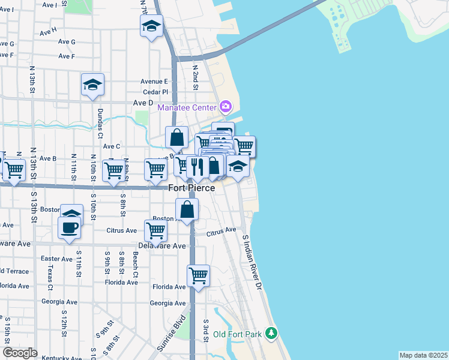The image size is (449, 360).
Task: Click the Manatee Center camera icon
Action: point(226,107)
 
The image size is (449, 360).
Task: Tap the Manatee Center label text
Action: point(186,107)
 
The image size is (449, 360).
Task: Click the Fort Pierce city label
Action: point(191,188)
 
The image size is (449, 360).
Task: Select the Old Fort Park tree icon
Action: point(271,332)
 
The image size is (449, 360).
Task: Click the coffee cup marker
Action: point(69,228)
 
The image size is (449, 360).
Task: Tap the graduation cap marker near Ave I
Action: point(152,26)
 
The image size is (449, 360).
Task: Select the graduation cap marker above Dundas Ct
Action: point(93,85)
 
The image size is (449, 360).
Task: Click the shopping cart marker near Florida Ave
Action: point(198,276)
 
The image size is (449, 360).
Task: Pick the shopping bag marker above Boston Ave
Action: point(187,210)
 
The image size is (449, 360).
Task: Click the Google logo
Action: point(20,353)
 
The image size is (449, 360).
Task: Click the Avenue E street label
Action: point(154,82)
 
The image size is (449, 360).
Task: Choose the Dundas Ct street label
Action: point(101,127)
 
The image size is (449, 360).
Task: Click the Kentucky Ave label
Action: point(59,358)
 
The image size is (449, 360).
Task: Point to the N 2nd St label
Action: point(195,77)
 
